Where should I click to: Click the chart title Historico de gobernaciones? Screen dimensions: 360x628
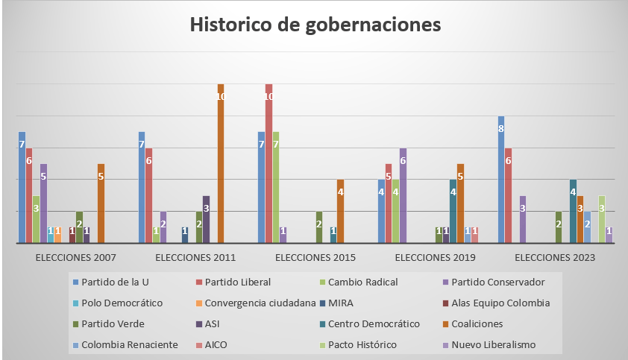tap(315, 25)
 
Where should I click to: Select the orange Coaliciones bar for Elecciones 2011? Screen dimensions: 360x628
tap(221, 164)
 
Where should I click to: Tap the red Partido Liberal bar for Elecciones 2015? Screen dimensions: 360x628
tap(269, 164)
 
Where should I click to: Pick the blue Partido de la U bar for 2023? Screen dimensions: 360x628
tap(501, 180)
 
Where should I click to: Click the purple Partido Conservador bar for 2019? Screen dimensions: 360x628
tap(404, 196)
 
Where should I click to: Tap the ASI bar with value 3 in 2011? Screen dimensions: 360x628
tap(207, 220)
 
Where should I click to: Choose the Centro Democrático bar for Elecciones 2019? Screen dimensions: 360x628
tap(453, 212)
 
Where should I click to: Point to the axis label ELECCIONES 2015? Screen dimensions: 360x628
tap(315, 258)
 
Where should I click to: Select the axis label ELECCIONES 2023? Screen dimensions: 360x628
tap(555, 258)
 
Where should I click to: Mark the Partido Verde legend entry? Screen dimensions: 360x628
tap(112, 323)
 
